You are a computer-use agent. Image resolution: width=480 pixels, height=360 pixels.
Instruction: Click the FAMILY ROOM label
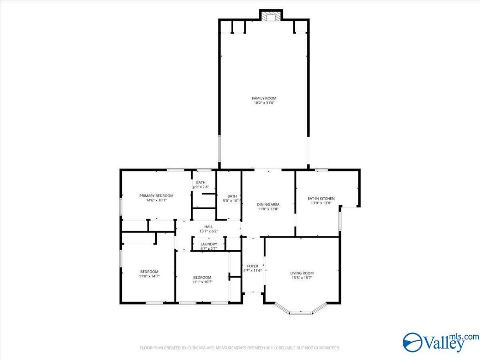264,98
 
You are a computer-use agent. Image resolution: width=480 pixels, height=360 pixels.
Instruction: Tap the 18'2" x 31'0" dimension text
264,103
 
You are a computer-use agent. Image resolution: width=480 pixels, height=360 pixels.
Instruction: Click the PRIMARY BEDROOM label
156,196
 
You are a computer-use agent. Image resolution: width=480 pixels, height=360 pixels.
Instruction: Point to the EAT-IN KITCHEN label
321,198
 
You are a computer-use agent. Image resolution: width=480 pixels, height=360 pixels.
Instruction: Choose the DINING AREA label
268,205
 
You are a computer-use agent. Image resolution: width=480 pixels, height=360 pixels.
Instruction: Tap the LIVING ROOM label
302,273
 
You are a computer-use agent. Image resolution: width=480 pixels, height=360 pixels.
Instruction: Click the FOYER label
253,266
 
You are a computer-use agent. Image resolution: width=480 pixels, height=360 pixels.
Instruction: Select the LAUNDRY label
208,244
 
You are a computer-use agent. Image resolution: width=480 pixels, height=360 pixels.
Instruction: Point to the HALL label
208,226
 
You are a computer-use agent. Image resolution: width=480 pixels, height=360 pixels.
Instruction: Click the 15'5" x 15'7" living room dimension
302,278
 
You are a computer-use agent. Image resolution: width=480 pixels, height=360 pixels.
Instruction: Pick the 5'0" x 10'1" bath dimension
232,201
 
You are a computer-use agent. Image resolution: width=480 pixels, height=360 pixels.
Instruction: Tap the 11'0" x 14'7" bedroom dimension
149,276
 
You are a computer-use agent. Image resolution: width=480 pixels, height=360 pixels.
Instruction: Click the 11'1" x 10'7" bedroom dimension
202,282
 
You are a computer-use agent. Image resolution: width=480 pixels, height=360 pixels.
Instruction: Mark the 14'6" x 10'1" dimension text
156,200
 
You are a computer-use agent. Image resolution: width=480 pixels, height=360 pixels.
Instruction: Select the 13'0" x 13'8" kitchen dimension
321,203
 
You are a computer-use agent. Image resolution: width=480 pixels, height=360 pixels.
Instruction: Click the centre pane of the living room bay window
301,313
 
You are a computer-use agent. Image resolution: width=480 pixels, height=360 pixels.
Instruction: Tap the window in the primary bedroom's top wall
175,170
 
